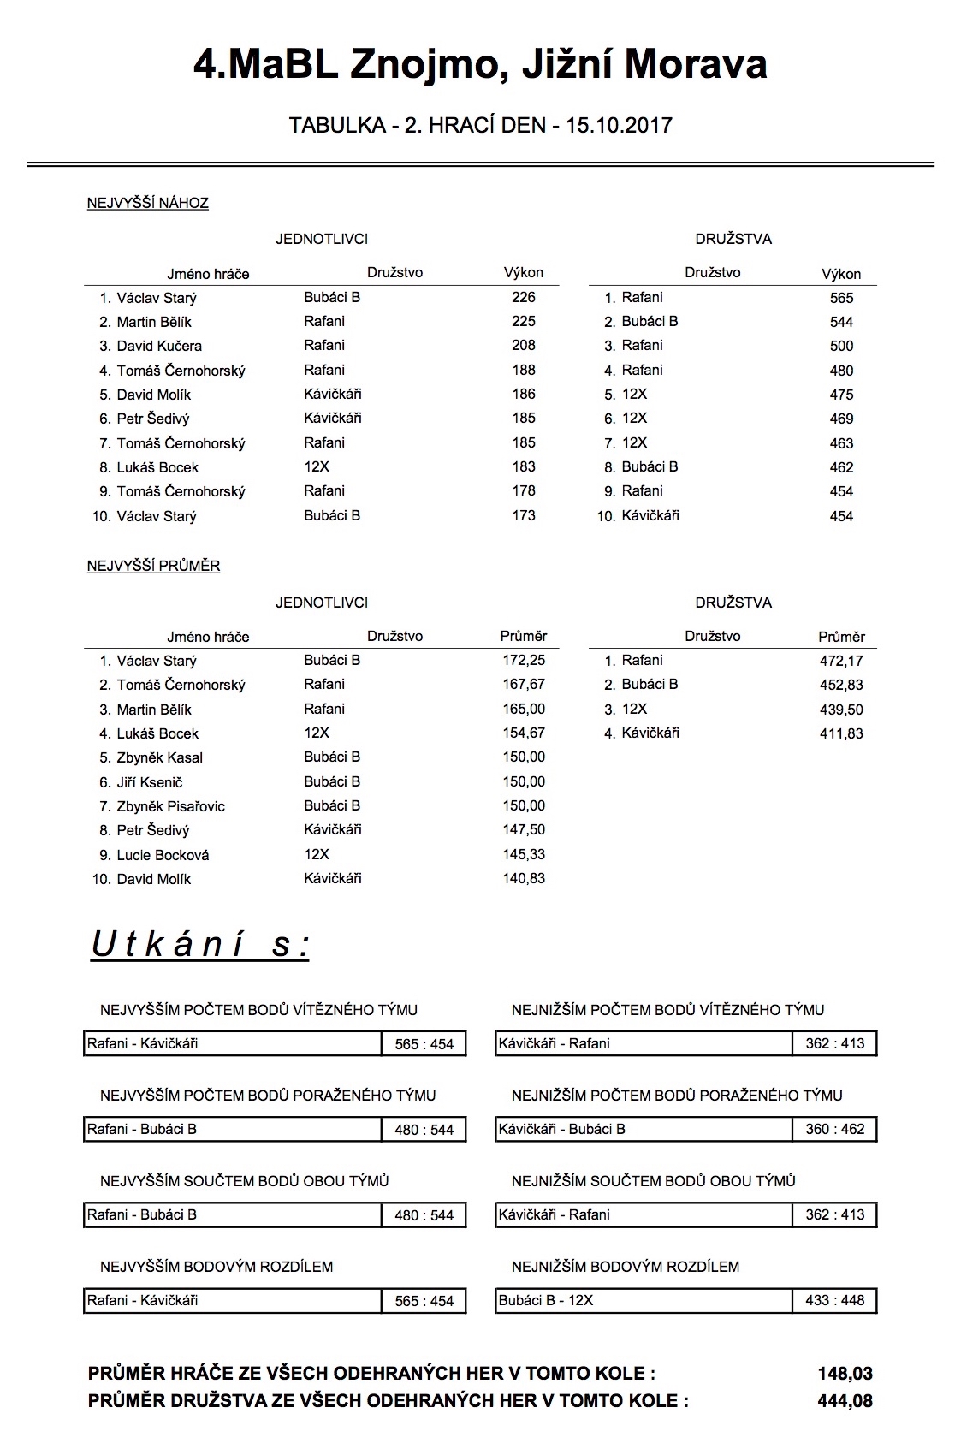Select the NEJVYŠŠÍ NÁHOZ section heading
point(148,204)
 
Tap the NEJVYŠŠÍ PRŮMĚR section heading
point(154,567)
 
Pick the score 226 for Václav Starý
point(523,298)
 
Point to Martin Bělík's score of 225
point(523,322)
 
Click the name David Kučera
point(159,347)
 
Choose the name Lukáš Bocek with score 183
point(157,468)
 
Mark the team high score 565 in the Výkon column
point(841,299)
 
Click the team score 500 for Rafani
point(841,347)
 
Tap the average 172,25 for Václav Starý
point(524,661)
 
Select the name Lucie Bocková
point(163,855)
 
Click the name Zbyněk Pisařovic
point(170,806)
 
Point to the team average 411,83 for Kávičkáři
point(841,733)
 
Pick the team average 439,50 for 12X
point(841,710)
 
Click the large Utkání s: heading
point(200,944)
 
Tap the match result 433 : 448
point(834,1301)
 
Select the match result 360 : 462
point(834,1130)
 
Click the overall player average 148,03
point(845,1374)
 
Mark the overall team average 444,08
point(845,1401)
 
